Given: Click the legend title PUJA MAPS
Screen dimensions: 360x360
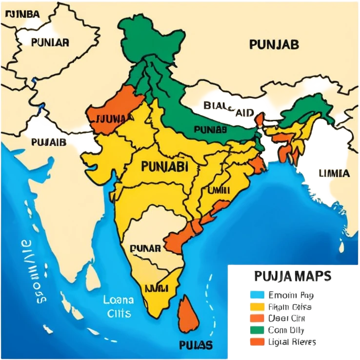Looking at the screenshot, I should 293,277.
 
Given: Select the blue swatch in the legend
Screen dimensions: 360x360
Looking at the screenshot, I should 257,295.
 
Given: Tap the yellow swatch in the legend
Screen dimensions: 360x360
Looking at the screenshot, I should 257,307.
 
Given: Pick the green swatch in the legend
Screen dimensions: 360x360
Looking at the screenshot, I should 257,330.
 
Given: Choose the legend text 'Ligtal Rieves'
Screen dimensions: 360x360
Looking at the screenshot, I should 292,341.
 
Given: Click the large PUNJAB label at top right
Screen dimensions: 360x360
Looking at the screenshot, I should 274,44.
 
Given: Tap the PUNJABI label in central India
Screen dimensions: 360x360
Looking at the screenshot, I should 164,166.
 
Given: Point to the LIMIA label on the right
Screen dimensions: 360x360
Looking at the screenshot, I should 334,173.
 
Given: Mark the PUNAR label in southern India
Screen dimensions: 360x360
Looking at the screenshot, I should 145,248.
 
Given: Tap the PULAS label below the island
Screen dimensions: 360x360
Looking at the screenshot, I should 196,345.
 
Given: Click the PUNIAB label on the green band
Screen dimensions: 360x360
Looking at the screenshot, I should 210,129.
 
